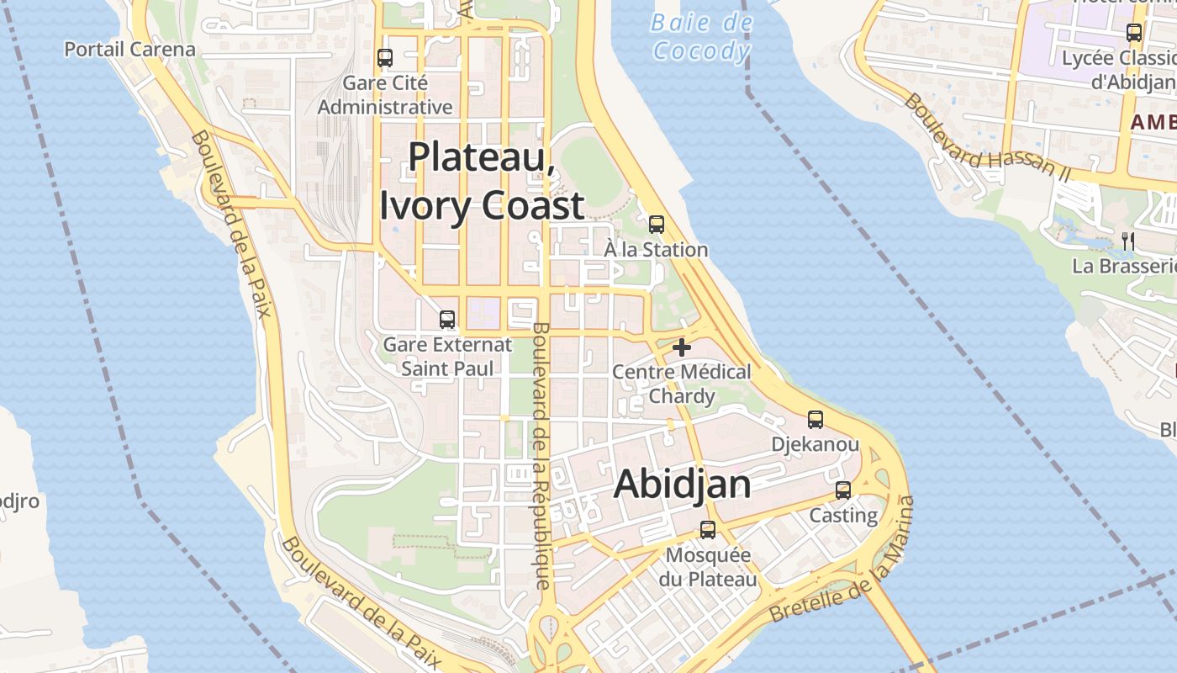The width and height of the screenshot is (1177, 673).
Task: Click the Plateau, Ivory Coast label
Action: click(482, 181)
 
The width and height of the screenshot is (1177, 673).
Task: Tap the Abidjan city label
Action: click(682, 485)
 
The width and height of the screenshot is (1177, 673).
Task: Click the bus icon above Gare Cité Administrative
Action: click(385, 58)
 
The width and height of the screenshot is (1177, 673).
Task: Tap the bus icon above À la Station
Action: click(657, 225)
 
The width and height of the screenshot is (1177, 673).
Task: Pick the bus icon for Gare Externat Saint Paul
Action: click(447, 320)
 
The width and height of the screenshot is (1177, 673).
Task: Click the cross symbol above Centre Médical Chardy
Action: click(682, 347)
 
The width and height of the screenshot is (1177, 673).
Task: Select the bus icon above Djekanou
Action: click(815, 419)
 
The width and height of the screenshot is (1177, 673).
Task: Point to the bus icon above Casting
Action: click(843, 490)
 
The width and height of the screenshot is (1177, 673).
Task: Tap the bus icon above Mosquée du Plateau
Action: click(708, 530)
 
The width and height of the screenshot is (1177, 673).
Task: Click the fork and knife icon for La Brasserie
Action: click(1127, 241)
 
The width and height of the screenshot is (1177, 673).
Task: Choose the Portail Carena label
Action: click(129, 50)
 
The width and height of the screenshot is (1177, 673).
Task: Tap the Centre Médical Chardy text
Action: click(682, 384)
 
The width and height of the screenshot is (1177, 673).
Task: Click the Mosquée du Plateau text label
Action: click(708, 567)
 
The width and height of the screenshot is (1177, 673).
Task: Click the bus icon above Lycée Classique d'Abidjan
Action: click(1134, 33)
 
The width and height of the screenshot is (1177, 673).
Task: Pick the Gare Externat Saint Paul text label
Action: click(446, 357)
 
